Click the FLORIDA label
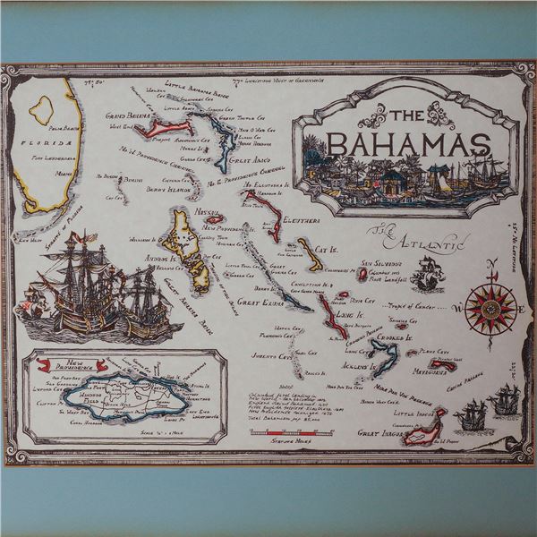[x=36, y=141]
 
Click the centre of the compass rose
[x=490, y=304]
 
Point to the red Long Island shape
[x=329, y=313]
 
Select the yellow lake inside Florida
[x=40, y=109]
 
